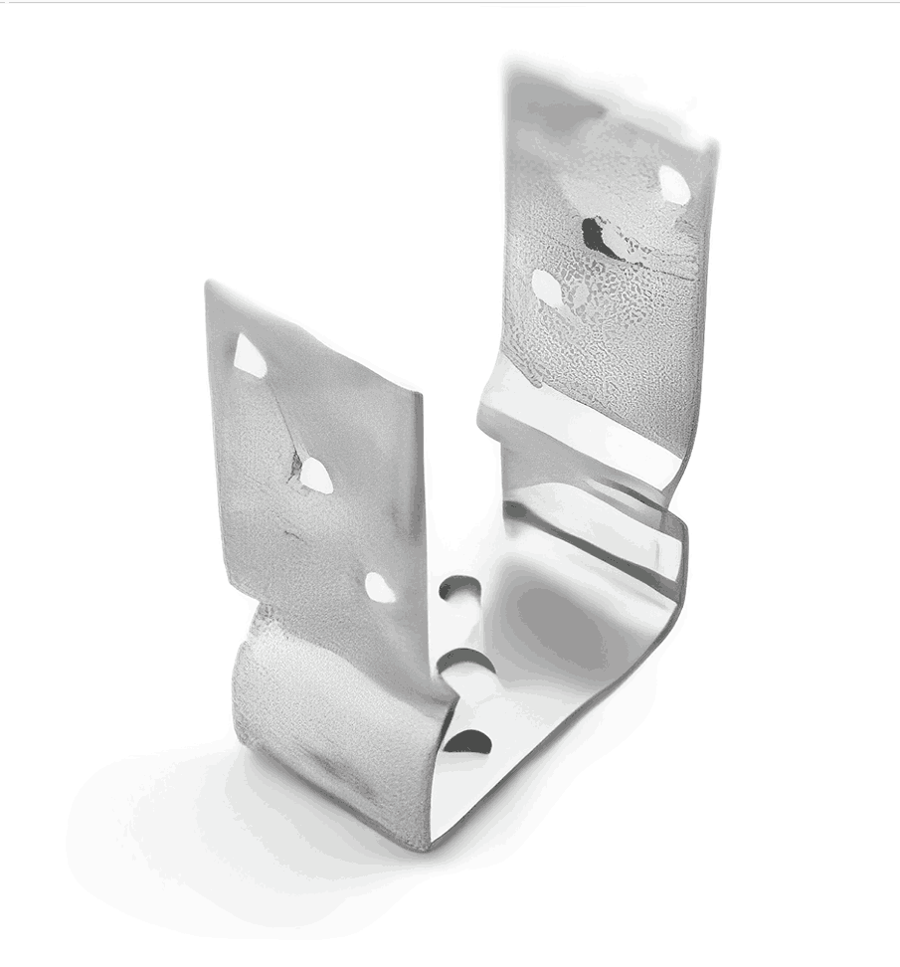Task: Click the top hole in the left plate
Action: tap(249, 357)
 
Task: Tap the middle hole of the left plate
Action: tap(315, 476)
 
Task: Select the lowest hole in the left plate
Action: tap(380, 587)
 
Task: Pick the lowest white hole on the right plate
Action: tap(547, 287)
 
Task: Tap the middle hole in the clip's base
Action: tap(464, 660)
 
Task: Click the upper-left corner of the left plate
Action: tap(208, 285)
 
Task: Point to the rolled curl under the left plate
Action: tap(298, 696)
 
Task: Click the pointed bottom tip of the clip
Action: tap(423, 846)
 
